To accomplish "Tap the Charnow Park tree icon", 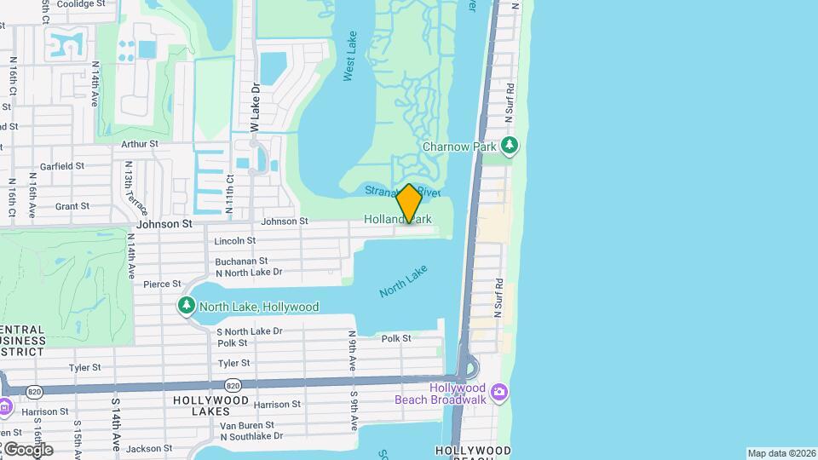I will (510, 146).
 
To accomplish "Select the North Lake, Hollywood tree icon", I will (187, 305).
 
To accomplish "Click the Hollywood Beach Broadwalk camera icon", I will (499, 393).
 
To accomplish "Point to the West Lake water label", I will (350, 57).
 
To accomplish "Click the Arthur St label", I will (140, 144).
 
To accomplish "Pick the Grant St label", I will (72, 206).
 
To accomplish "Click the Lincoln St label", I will (234, 241).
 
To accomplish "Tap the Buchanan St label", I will (241, 262).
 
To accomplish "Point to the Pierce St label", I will (162, 284).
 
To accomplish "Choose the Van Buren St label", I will (246, 425).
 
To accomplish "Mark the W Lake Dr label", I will (254, 107).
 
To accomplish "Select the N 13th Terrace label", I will (136, 187).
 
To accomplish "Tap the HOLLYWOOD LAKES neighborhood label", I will (211, 405).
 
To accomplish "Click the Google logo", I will (27, 450).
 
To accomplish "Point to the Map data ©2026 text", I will (781, 453).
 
